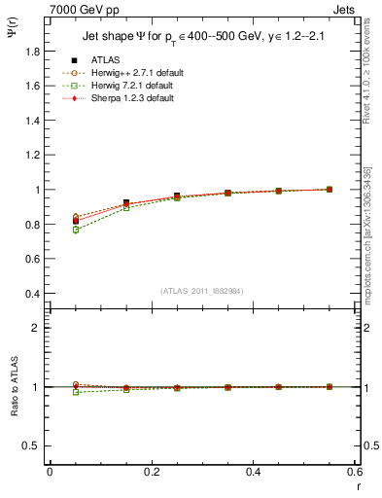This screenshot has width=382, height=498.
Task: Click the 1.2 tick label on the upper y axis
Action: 33,156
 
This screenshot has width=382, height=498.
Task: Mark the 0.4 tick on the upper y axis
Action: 33,294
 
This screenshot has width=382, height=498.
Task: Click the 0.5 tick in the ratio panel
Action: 33,445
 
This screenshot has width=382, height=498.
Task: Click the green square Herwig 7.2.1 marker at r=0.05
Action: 76,230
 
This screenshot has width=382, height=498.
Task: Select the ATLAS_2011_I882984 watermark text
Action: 201,291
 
